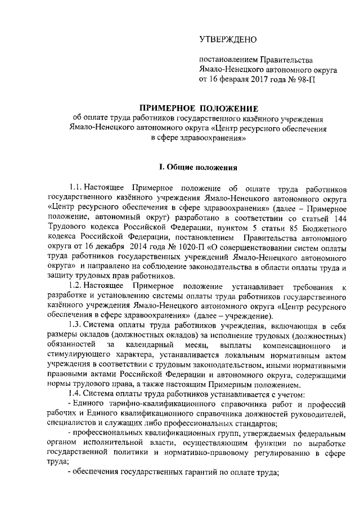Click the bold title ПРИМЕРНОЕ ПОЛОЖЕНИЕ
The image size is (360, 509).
click(x=199, y=107)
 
